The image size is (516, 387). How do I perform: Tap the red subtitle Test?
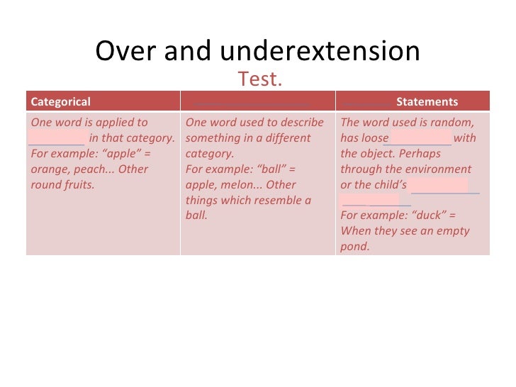[x=260, y=79]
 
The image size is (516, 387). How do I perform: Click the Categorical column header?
[x=61, y=102]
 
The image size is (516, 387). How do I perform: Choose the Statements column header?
[x=427, y=102]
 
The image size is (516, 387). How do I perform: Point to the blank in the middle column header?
[x=257, y=102]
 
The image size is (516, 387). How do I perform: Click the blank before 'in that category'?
[x=57, y=138]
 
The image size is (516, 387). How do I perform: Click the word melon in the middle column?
[x=234, y=185]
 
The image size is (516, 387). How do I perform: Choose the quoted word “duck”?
[x=426, y=216]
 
